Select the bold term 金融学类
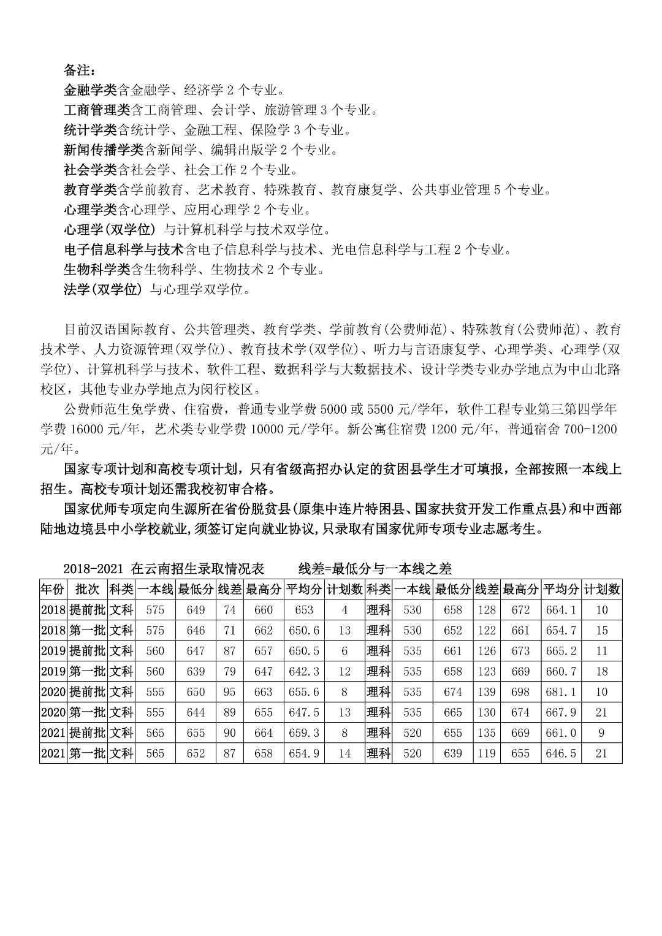coord(89,90)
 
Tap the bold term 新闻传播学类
coord(103,150)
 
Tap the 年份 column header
coord(52,590)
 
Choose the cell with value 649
coord(196,610)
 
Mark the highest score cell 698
coord(520,692)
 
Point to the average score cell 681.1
coord(561,692)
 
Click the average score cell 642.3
coord(304,671)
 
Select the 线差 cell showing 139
coord(486,692)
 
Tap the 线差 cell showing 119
coord(486,753)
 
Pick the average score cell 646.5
coord(561,753)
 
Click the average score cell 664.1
coord(561,610)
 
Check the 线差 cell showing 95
coord(229,692)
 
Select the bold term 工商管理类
coord(96,110)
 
